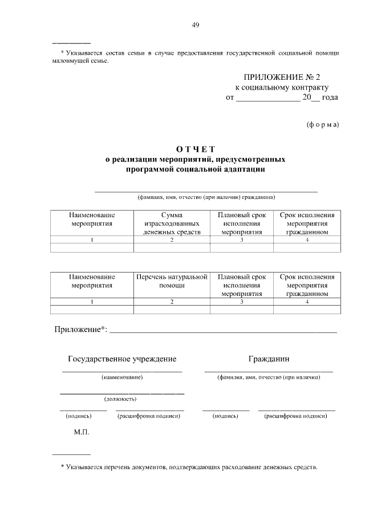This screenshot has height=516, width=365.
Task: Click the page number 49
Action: [x=195, y=25]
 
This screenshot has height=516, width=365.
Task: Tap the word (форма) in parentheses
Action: [x=322, y=124]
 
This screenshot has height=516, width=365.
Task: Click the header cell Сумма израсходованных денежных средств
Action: [x=172, y=224]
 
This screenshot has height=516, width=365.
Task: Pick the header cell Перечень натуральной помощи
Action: [x=172, y=281]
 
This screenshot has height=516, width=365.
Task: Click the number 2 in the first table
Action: [x=172, y=240]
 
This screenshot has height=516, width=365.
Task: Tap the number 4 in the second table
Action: [x=307, y=302]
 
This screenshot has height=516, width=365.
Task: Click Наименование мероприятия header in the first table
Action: [x=92, y=220]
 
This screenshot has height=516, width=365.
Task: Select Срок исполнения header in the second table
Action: [x=307, y=285]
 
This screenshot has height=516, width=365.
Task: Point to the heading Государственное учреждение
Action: [x=122, y=359]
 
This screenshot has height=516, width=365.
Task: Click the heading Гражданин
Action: [x=269, y=359]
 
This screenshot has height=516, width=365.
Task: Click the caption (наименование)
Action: [x=121, y=377]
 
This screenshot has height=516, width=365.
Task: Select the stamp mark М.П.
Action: [x=82, y=432]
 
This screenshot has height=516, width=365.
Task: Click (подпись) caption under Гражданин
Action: [x=225, y=416]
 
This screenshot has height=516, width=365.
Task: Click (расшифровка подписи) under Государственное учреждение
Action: [x=149, y=416]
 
